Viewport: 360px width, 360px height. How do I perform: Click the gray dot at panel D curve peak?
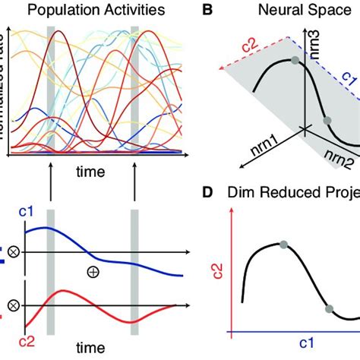tap(283, 245)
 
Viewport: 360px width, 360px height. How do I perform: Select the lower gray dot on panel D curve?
tap(329, 308)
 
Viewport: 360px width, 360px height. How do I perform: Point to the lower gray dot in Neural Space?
tap(327, 121)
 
